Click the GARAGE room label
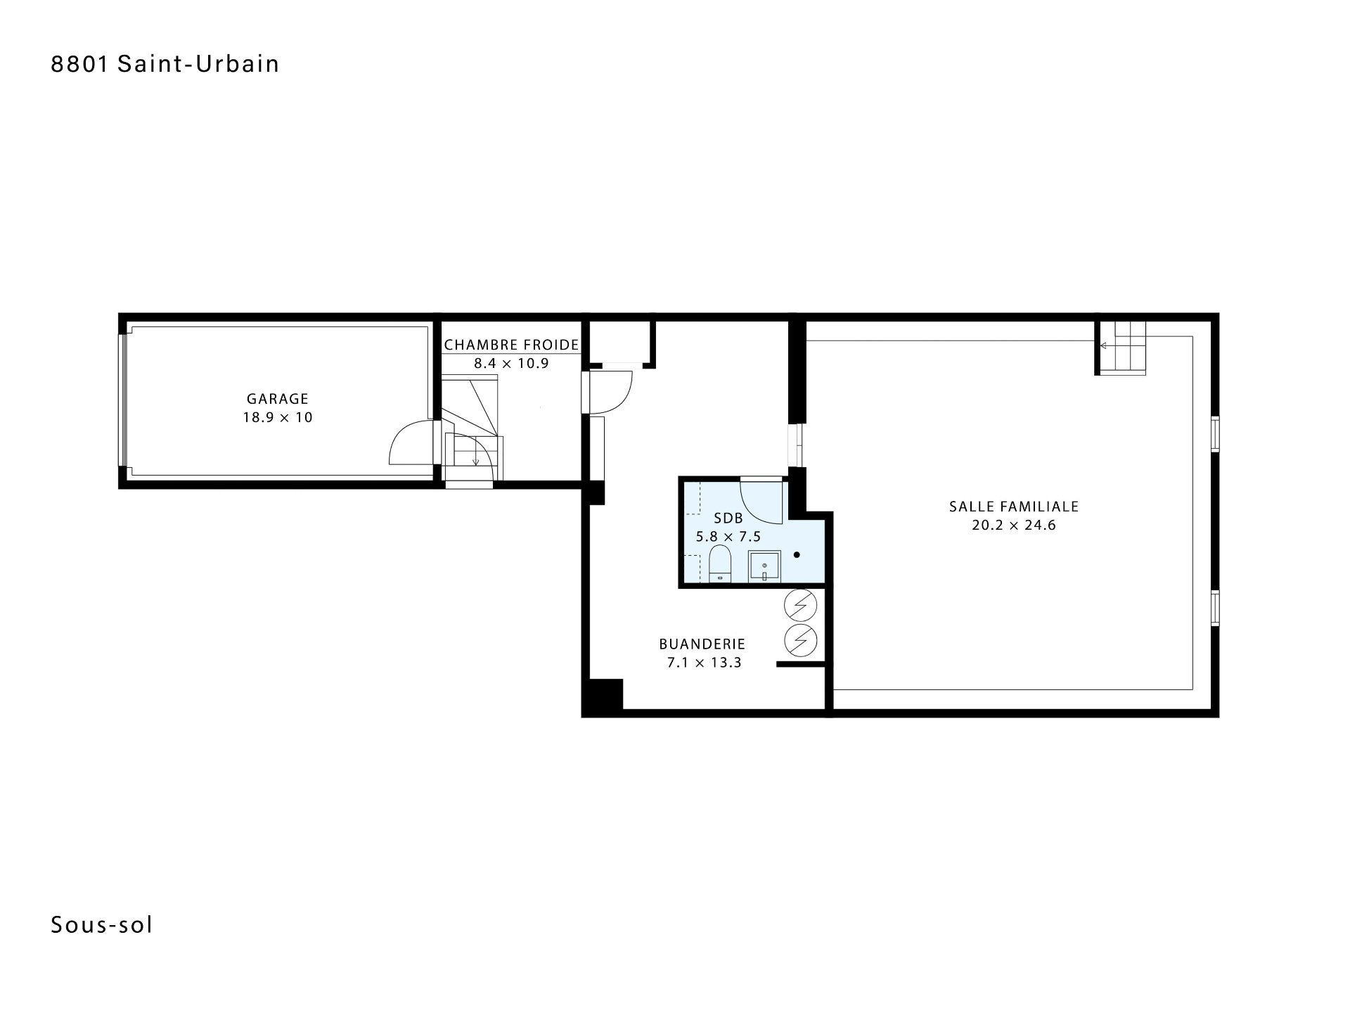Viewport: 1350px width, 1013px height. click(278, 399)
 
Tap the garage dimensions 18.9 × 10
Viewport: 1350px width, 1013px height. click(278, 417)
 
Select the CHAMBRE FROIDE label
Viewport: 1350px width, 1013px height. click(511, 345)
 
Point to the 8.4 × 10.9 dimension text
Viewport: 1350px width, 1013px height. click(511, 363)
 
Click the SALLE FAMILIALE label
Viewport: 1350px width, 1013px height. click(1014, 506)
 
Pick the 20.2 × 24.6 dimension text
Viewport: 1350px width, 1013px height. click(1014, 525)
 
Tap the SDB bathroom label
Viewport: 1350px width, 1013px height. click(728, 518)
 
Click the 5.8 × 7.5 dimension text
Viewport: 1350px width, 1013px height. click(728, 537)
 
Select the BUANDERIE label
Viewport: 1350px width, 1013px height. click(702, 644)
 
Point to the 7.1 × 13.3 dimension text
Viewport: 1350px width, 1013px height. click(704, 662)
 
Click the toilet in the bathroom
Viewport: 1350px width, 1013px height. click(720, 566)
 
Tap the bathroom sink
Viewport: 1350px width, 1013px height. click(764, 567)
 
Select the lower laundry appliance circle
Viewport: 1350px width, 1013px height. click(801, 639)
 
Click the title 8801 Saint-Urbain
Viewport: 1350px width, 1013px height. click(165, 64)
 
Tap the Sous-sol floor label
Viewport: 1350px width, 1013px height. click(102, 925)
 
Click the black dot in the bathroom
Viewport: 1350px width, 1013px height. click(797, 555)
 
